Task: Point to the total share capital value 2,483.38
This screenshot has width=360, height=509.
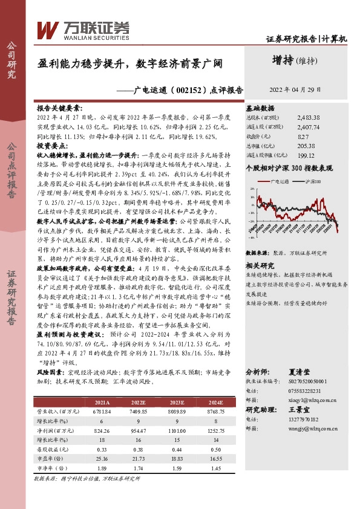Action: [x=325, y=118]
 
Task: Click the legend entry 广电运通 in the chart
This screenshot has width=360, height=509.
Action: [x=283, y=181]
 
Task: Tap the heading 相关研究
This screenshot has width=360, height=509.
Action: [x=260, y=266]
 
